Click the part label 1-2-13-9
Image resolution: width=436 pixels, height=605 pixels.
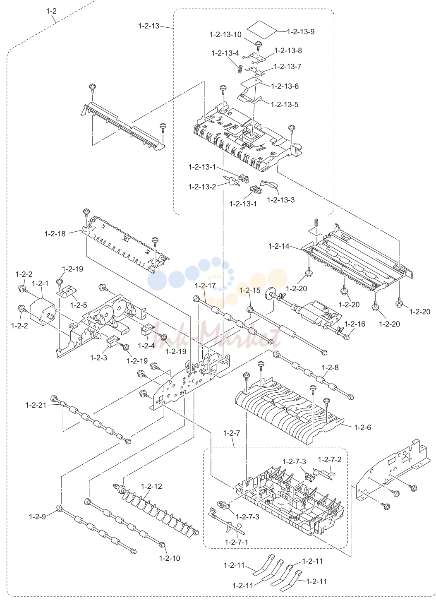click(x=300, y=32)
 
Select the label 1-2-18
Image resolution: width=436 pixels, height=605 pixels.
click(x=55, y=234)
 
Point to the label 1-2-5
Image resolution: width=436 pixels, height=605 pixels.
click(x=79, y=305)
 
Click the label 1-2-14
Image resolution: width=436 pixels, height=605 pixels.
click(x=279, y=246)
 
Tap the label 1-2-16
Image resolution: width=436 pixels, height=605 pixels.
click(x=355, y=324)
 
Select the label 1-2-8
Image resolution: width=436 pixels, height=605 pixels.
click(x=330, y=367)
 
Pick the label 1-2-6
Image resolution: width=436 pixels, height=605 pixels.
click(x=362, y=427)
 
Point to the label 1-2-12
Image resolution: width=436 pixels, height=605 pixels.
click(x=151, y=486)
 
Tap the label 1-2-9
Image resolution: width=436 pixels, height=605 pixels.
click(x=37, y=517)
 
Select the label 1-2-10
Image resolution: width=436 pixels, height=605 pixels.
click(x=170, y=558)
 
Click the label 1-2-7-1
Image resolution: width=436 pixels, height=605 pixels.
click(x=237, y=542)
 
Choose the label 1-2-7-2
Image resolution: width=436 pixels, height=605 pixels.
click(x=330, y=459)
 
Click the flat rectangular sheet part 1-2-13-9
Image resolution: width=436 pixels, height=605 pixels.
click(x=263, y=30)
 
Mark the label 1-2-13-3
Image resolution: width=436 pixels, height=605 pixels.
click(x=281, y=200)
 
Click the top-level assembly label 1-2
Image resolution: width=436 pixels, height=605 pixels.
click(x=51, y=11)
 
